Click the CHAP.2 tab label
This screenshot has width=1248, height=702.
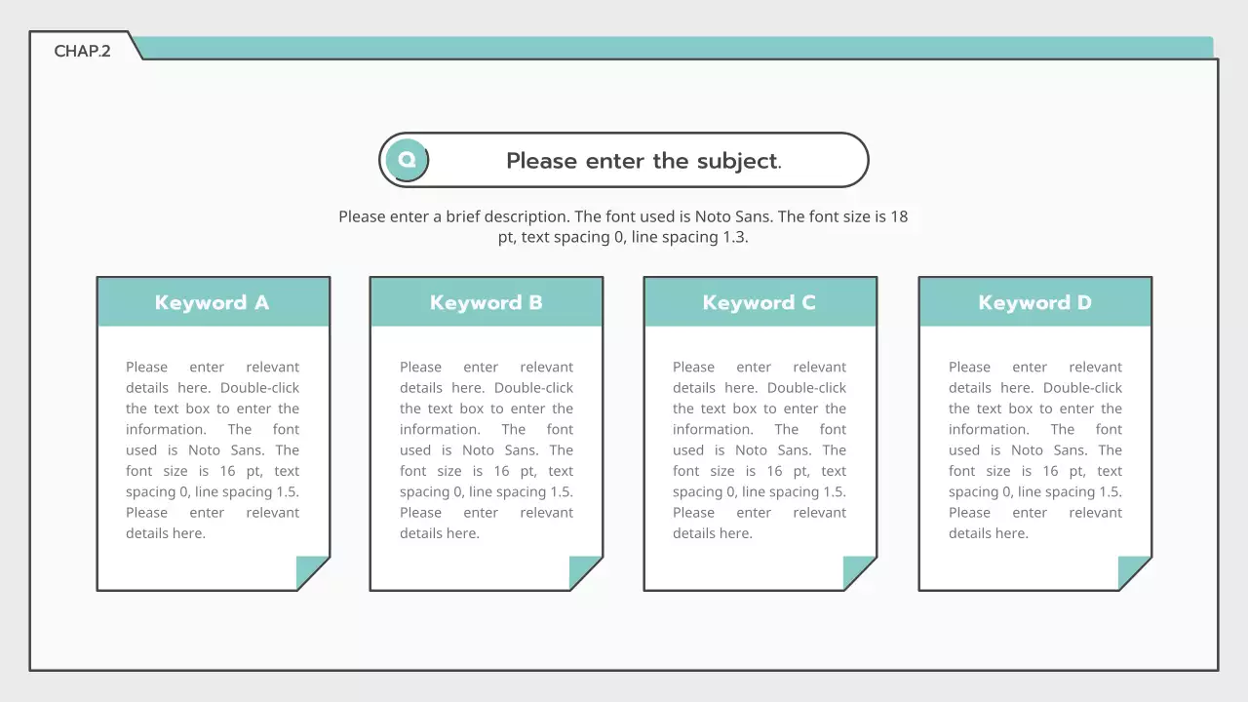82,52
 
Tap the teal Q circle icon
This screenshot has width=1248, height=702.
408,160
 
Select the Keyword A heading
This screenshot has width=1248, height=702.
213,302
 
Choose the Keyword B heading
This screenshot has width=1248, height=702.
486,302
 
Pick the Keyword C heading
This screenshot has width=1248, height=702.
759,302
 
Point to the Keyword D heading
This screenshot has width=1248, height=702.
1034,302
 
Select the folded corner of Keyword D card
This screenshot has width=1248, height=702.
1132,569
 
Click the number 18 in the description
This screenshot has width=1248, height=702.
899,216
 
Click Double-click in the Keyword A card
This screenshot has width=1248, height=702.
259,388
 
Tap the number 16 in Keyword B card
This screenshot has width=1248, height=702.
501,471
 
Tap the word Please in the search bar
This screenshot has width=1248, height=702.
541,161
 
